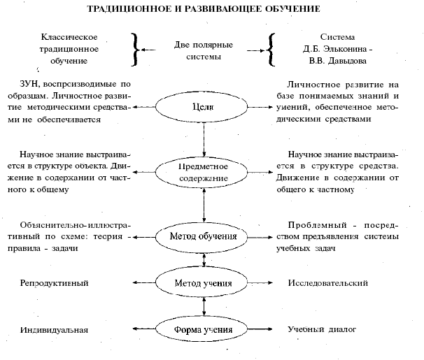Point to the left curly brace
click(x=136, y=50)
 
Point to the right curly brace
click(x=270, y=50)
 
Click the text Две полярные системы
click(x=204, y=50)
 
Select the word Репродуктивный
click(x=54, y=283)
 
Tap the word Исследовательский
click(x=327, y=283)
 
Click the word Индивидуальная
click(x=54, y=330)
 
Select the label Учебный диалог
click(x=322, y=329)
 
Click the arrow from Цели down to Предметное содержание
click(x=204, y=140)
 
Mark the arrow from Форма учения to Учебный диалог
click(x=260, y=329)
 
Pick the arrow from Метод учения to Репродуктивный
click(x=144, y=283)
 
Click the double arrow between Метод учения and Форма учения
click(x=204, y=308)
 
